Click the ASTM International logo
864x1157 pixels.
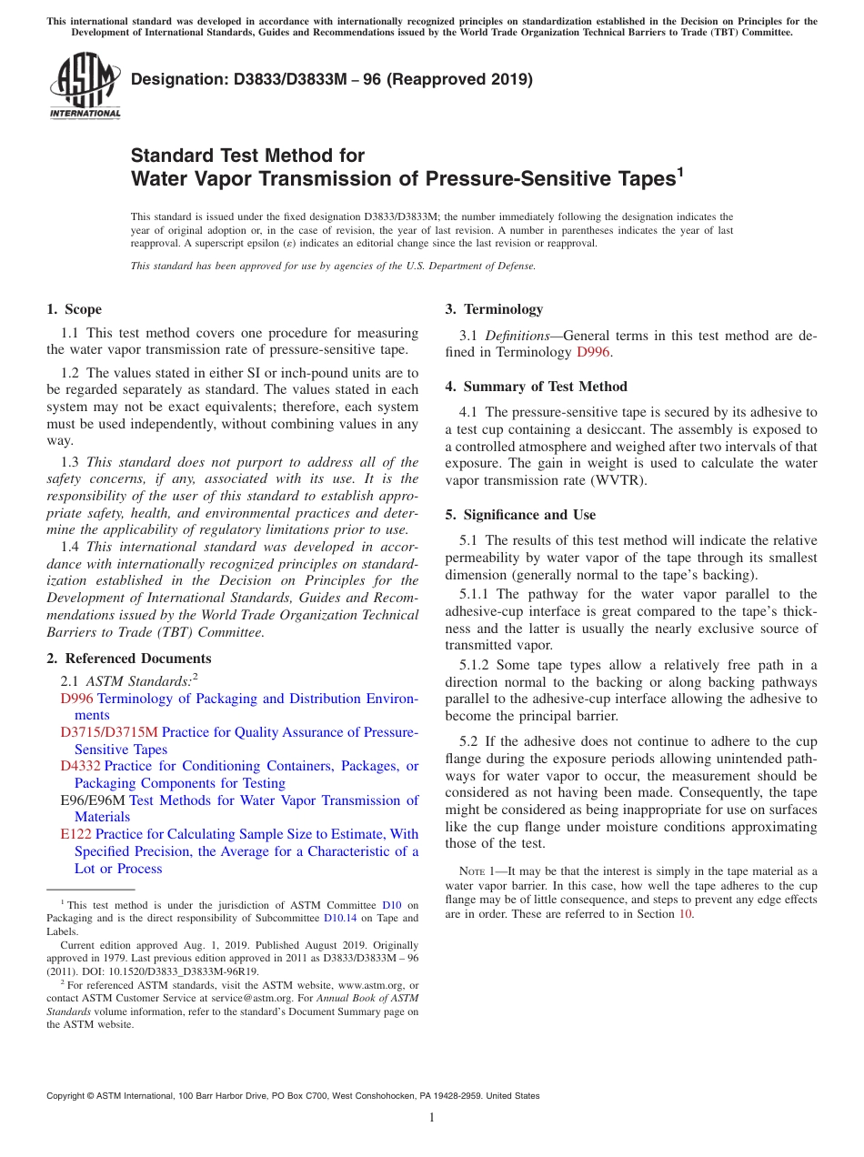(x=85, y=86)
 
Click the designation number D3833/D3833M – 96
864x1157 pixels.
(x=273, y=79)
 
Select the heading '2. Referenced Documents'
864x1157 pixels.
(x=129, y=659)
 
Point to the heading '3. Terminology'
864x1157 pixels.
(x=494, y=309)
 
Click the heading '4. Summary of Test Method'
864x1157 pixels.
(x=536, y=387)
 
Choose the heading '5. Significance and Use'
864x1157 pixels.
(x=520, y=515)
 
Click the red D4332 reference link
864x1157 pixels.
(x=80, y=766)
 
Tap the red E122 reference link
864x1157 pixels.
(x=75, y=834)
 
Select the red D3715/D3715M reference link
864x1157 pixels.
(x=109, y=732)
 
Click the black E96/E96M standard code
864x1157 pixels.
(x=93, y=800)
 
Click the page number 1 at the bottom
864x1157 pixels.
(x=432, y=1117)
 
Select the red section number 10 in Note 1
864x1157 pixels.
(x=685, y=914)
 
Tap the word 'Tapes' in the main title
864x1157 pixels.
(x=638, y=178)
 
